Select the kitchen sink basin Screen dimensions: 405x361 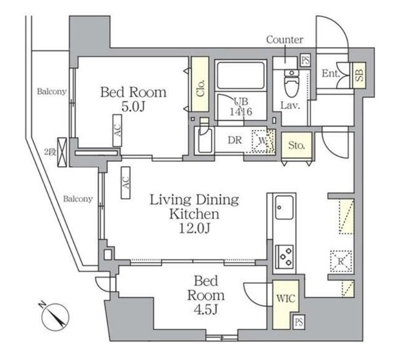pos(284,207)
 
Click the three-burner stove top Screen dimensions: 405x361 pos(285,256)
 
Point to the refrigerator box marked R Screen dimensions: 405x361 pos(341,261)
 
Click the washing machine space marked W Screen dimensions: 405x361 pos(263,141)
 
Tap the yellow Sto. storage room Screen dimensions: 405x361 pos(296,145)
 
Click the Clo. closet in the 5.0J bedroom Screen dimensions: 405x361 pos(200,84)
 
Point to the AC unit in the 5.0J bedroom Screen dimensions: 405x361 pos(117,130)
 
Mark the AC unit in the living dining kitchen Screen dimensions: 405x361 pos(126,182)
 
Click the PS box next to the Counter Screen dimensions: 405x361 pos(305,61)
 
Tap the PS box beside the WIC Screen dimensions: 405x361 pos(299,322)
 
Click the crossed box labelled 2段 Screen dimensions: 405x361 pos(62,152)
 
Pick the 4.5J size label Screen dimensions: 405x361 pos(206,309)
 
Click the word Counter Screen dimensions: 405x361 pos(285,40)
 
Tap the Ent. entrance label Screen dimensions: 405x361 pos(331,73)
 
